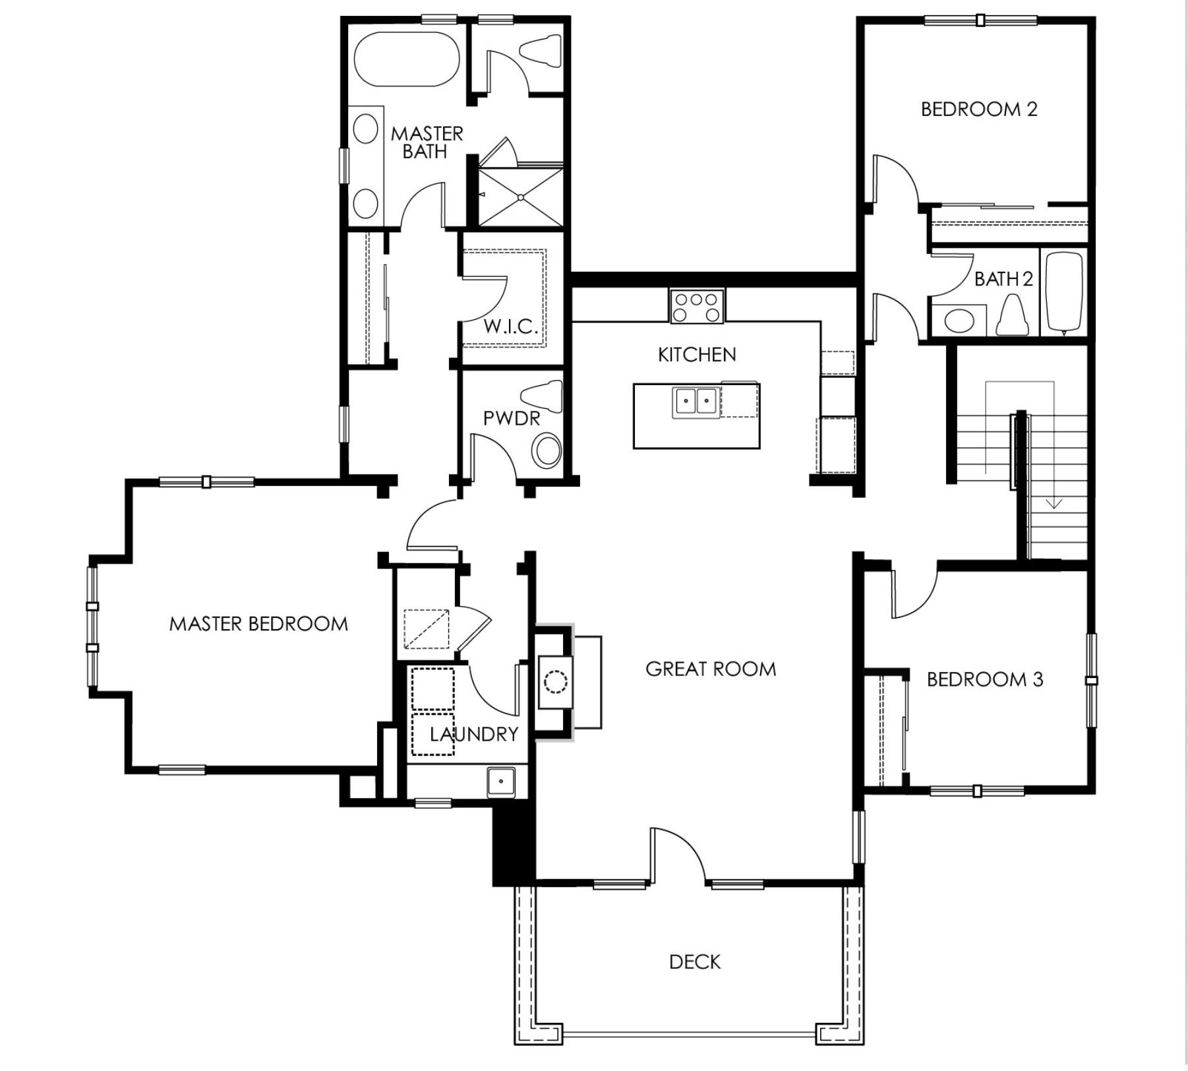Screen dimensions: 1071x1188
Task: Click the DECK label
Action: click(x=694, y=962)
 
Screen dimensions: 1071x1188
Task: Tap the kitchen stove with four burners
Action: click(x=696, y=307)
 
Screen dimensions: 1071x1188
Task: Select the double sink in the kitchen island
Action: click(x=696, y=401)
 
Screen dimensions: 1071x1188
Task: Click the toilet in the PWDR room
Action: click(x=543, y=396)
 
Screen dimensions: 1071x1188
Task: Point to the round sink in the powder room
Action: click(x=546, y=452)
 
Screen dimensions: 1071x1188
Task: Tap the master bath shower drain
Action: click(x=521, y=197)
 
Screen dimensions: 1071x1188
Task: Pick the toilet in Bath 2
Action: click(x=1013, y=315)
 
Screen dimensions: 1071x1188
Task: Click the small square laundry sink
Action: click(x=501, y=781)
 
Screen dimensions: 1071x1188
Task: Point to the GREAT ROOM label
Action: click(x=710, y=669)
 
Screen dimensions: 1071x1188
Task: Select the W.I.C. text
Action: click(x=510, y=326)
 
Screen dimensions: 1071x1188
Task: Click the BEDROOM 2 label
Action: click(x=978, y=109)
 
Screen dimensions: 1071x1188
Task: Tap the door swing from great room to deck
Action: click(x=682, y=851)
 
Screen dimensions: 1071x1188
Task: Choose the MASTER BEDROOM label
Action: click(x=258, y=624)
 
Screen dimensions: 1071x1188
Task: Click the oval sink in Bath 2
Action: click(x=959, y=322)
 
